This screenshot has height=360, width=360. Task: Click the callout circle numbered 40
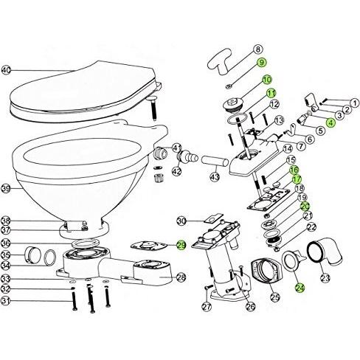pyautogui.click(x=7, y=71)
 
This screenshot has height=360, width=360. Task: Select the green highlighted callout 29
pyautogui.click(x=181, y=246)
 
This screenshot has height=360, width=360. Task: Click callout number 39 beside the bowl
pyautogui.click(x=7, y=190)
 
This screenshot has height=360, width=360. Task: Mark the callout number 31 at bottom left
pyautogui.click(x=7, y=300)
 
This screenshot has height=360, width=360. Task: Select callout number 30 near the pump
pyautogui.click(x=180, y=220)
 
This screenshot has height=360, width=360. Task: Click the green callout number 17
pyautogui.click(x=297, y=179)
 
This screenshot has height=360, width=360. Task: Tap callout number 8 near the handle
pyautogui.click(x=259, y=49)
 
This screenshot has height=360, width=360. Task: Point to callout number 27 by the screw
pyautogui.click(x=207, y=307)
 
